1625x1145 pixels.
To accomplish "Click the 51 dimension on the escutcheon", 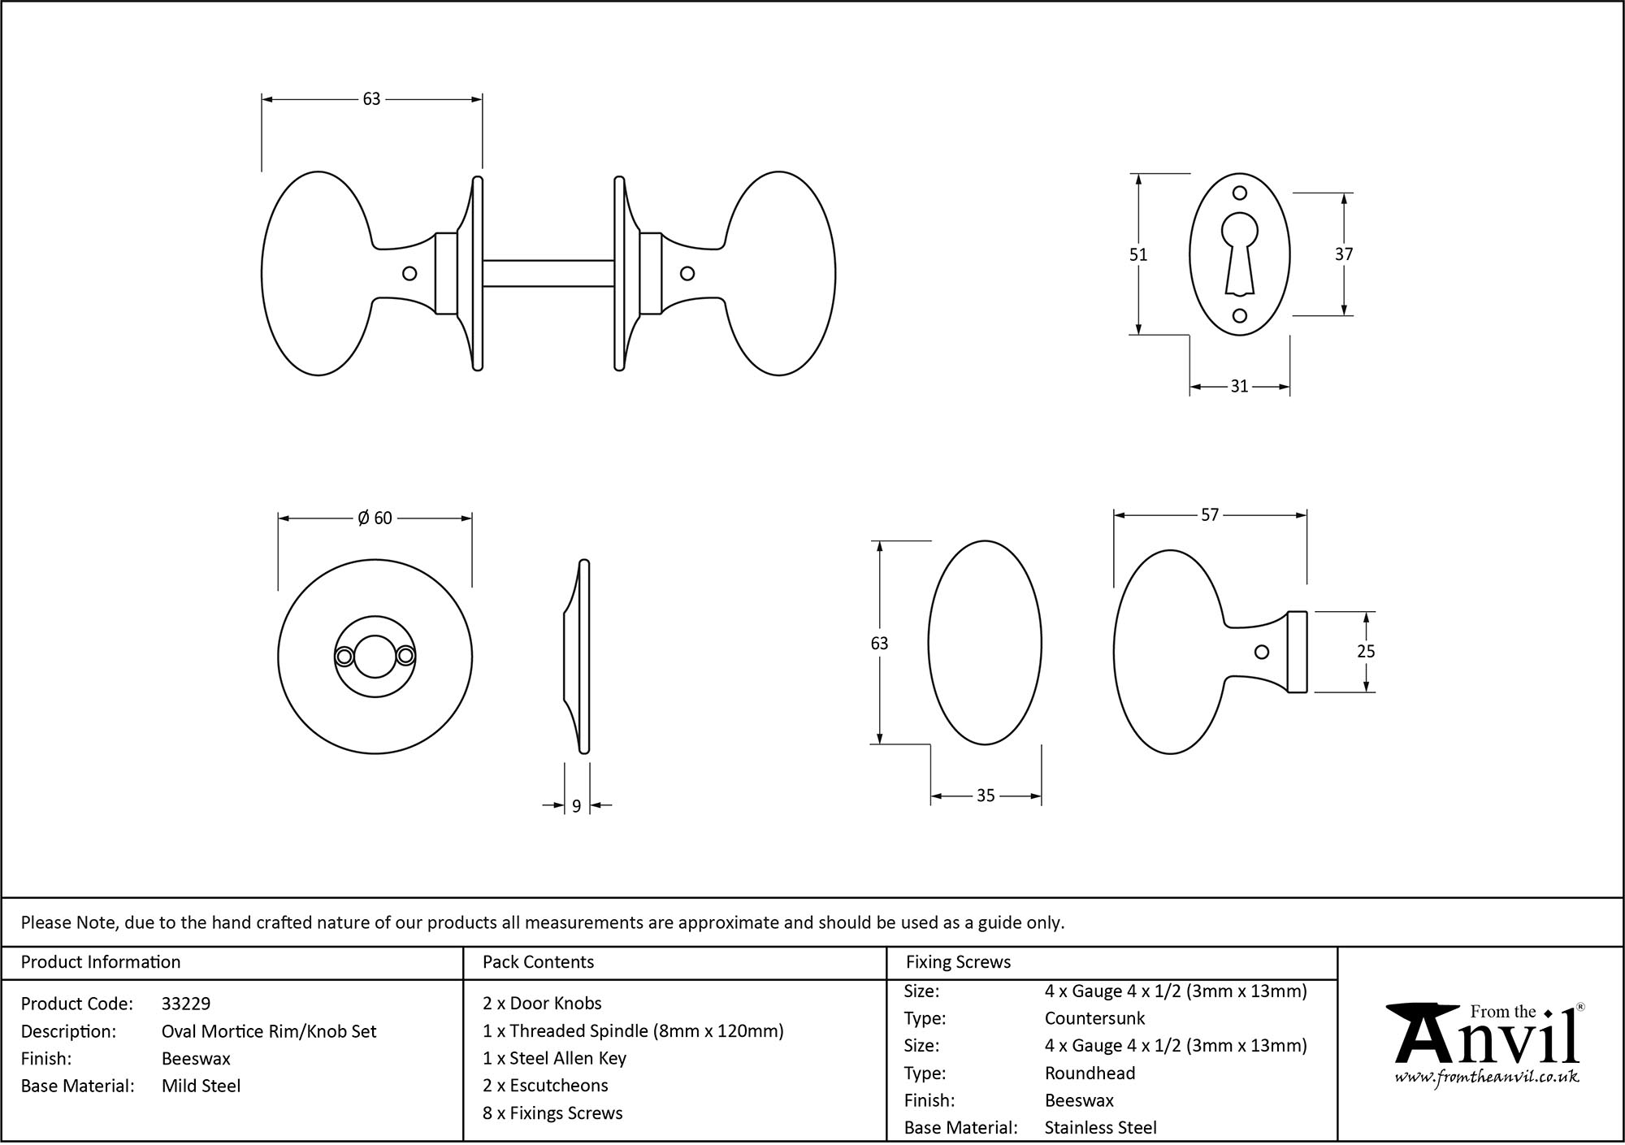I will click(x=1137, y=254).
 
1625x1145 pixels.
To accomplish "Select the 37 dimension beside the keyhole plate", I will click(x=1344, y=254).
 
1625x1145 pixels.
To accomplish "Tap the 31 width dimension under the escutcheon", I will click(x=1239, y=387).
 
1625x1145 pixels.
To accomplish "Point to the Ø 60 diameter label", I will click(x=375, y=518).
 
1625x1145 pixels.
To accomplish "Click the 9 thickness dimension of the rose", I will click(x=576, y=806).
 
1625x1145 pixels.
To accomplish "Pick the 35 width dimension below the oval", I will click(x=985, y=796).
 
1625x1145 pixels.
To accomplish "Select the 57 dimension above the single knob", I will click(x=1210, y=515).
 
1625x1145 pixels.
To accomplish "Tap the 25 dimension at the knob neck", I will click(x=1366, y=652).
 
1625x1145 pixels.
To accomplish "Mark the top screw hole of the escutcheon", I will click(x=1240, y=193).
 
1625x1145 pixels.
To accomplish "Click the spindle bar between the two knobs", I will click(x=548, y=273).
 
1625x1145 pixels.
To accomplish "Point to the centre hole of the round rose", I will click(x=375, y=657).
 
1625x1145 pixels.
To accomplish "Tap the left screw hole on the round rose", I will click(x=344, y=657).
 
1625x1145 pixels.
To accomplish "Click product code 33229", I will click(x=186, y=1004).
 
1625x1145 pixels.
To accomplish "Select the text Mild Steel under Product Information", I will click(x=201, y=1086).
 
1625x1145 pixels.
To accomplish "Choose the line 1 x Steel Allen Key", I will click(x=554, y=1059).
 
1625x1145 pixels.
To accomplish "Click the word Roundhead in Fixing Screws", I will click(x=1090, y=1073).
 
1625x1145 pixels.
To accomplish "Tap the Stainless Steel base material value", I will click(x=1100, y=1128).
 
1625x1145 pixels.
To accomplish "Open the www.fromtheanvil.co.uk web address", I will click(x=1487, y=1078).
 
